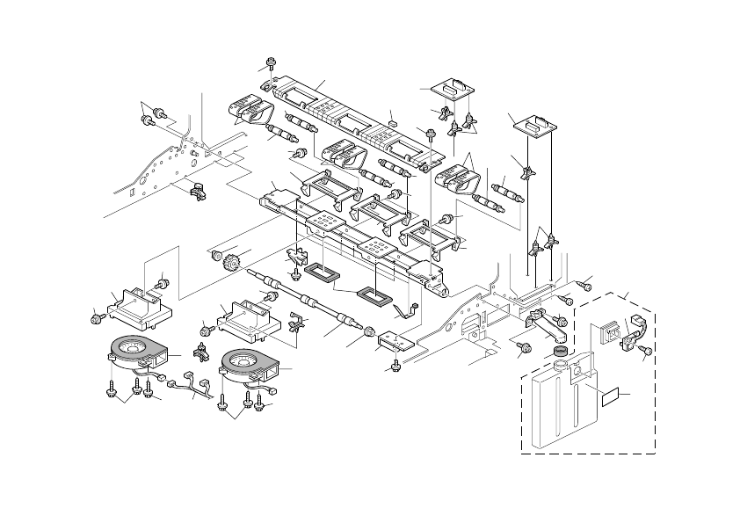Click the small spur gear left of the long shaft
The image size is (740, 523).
pos(233,261)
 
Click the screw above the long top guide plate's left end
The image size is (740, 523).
pos(270,63)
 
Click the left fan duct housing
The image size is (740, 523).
pos(134,308)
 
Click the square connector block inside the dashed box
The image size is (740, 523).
pos(606,333)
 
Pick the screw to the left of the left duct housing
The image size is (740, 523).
pos(97,316)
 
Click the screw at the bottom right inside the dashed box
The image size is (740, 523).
pos(645,351)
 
